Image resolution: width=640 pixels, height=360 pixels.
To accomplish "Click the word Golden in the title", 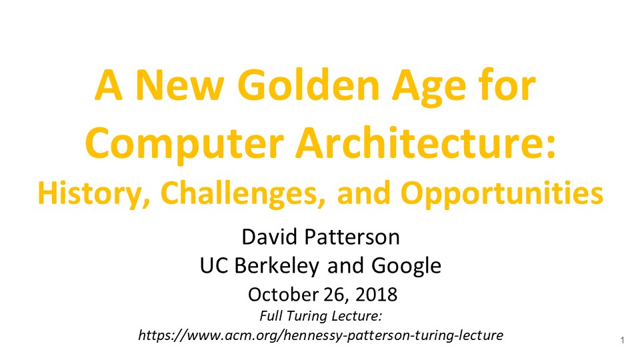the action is pyautogui.click(x=309, y=86).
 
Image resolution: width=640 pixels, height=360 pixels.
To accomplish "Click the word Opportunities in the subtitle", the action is pyautogui.click(x=501, y=194).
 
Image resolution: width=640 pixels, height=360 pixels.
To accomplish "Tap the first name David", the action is pyautogui.click(x=269, y=237).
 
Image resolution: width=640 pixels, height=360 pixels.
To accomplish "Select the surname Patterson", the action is pyautogui.click(x=352, y=237).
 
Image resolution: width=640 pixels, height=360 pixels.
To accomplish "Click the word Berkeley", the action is pyautogui.click(x=276, y=267).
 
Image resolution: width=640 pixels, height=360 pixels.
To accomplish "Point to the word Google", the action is pyautogui.click(x=406, y=267).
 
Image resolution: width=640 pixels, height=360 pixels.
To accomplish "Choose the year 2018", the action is pyautogui.click(x=376, y=295).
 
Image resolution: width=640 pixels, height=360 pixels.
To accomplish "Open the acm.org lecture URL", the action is pyautogui.click(x=321, y=335).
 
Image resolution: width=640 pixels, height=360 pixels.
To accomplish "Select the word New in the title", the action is pyautogui.click(x=179, y=86).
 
